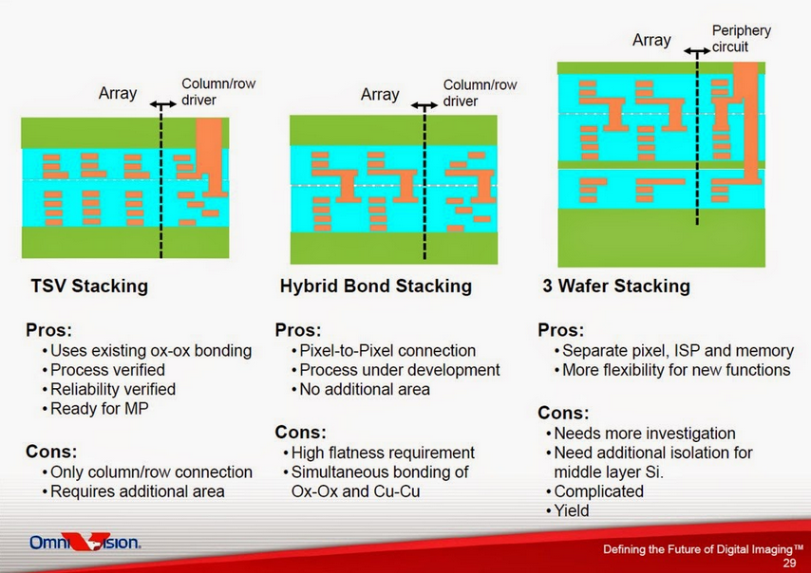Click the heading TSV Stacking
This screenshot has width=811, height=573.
89,286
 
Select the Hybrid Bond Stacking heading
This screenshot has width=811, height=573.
376,286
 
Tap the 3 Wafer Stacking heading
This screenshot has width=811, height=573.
616,286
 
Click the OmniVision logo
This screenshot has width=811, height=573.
85,542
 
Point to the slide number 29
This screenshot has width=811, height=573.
789,563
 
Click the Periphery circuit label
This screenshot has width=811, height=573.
741,39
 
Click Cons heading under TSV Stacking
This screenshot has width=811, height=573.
51,452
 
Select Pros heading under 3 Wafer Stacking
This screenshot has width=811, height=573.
560,329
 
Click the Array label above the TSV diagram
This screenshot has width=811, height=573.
118,94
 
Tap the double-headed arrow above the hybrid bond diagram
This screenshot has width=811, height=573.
424,106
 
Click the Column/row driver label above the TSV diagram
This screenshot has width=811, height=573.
218,92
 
